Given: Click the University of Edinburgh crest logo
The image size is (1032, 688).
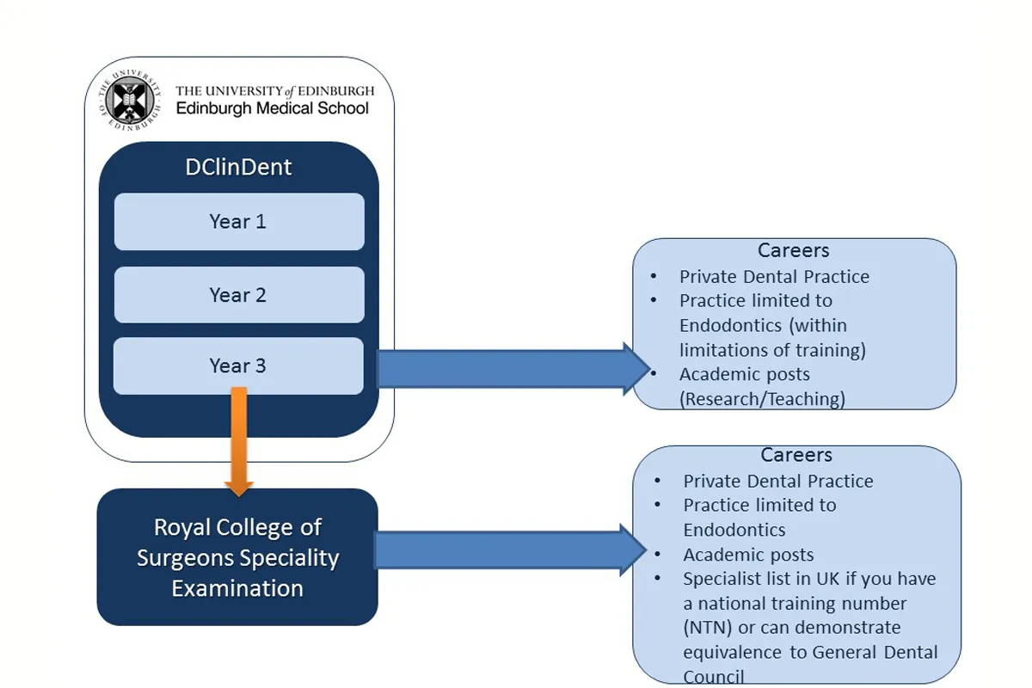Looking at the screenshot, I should (x=130, y=100).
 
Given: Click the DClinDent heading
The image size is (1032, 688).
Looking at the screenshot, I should (x=238, y=167).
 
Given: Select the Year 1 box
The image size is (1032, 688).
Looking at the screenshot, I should (x=238, y=222).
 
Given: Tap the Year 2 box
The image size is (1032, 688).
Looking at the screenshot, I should (x=238, y=295).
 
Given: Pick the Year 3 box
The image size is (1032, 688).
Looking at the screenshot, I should (x=238, y=366).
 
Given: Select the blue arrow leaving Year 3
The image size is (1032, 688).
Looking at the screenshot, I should (x=507, y=368).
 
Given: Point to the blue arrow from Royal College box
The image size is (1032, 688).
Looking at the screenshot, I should (x=507, y=550).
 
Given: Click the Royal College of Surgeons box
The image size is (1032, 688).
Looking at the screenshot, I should (x=237, y=557).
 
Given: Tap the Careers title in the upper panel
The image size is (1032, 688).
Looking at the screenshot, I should (x=793, y=251).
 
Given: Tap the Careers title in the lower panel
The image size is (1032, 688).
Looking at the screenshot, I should (x=796, y=455).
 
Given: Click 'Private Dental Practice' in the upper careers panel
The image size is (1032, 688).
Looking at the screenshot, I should (x=774, y=277).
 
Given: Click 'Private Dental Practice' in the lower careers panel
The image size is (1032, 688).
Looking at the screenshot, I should (x=778, y=482).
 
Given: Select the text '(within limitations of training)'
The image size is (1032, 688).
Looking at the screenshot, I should (x=772, y=338).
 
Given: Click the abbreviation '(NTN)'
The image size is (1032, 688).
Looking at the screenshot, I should (x=708, y=628).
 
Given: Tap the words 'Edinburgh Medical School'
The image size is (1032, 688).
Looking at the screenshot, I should (x=272, y=108).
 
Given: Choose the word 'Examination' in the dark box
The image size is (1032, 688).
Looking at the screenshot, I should (x=237, y=589).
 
